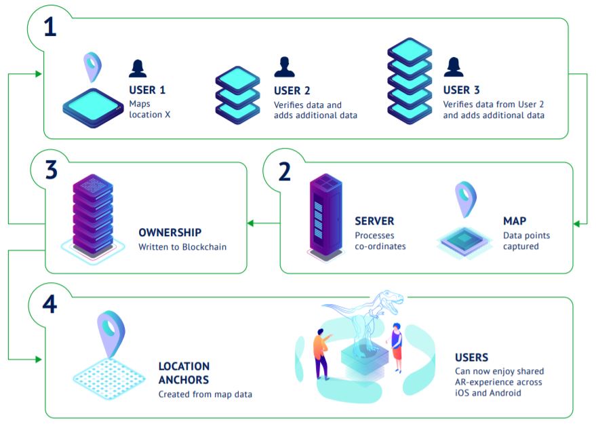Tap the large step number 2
(x=285, y=170)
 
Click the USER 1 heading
(x=147, y=90)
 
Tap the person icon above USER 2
(x=284, y=67)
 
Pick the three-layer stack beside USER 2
(x=237, y=94)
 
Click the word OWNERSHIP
(x=170, y=232)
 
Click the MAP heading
(x=515, y=221)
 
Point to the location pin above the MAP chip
(x=465, y=198)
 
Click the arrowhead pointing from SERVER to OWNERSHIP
(x=250, y=223)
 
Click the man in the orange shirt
(x=321, y=353)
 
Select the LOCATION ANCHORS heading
(x=184, y=373)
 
